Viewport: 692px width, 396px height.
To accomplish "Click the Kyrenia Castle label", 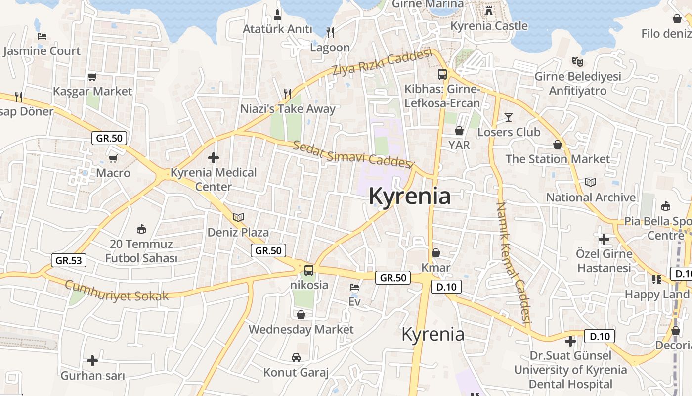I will (489, 26).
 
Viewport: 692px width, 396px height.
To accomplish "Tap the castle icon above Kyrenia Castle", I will (489, 10).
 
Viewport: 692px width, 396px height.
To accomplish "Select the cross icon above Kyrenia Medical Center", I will (214, 158).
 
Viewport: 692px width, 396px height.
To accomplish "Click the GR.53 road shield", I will (69, 260).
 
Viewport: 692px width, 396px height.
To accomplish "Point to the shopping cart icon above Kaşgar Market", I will (92, 77).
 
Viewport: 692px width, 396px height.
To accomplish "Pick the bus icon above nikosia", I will (309, 270).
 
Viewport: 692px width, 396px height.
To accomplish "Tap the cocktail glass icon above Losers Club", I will (509, 117).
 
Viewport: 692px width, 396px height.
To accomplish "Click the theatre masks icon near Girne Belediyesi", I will (577, 61).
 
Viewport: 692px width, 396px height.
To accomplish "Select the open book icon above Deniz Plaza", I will (238, 217).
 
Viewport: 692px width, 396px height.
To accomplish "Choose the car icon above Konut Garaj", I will (296, 357).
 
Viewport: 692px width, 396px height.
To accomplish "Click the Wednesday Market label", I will (301, 329).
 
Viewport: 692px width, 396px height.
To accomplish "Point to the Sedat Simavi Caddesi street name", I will (352, 154).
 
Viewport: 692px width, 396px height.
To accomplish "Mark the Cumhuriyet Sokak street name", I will (117, 291).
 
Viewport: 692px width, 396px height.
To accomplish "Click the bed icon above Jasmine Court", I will (42, 36).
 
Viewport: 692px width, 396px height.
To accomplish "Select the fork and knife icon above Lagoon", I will (330, 33).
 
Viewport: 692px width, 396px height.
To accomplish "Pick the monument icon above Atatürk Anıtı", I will (277, 14).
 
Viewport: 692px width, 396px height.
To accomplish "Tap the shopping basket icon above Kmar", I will (435, 253).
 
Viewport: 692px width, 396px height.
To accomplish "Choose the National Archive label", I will (591, 198).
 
